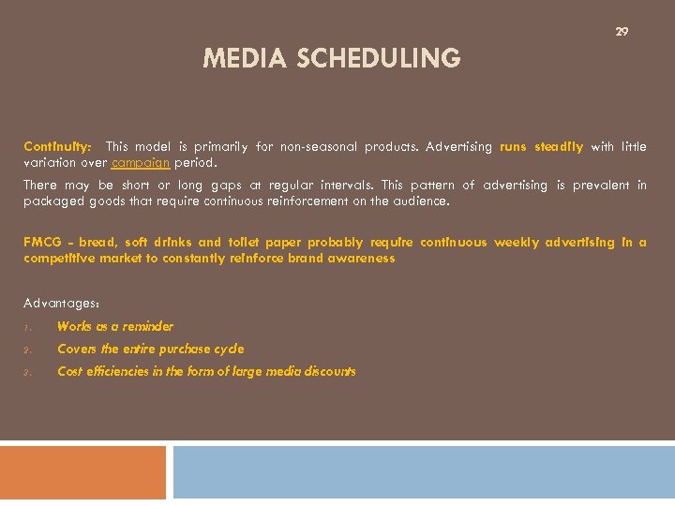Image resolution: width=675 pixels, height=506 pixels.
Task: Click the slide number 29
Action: pos(622,32)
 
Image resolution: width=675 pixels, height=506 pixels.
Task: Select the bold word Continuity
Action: pos(57,147)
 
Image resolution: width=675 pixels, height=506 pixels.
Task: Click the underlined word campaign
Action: pos(140,162)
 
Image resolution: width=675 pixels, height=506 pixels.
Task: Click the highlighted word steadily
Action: pos(560,147)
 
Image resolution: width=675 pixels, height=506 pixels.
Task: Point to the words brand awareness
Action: pos(351,258)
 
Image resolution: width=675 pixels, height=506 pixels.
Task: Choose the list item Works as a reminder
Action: pos(115,327)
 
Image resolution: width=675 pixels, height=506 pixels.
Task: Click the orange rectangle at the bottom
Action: pos(82,472)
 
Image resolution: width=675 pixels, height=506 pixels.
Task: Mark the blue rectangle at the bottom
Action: pos(424,472)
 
